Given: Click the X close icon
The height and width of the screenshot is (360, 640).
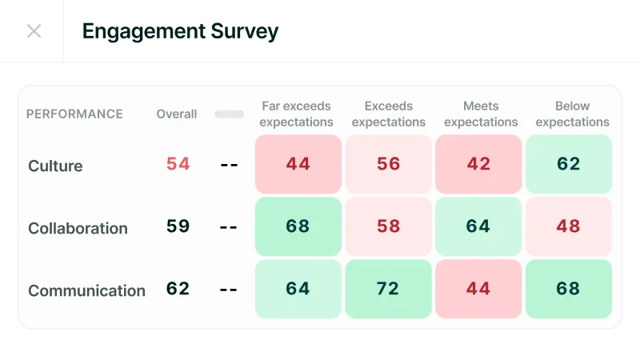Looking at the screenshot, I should (34, 31).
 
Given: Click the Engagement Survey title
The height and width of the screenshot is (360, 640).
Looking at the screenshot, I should (180, 31).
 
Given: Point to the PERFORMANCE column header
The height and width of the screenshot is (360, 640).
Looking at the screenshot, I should (74, 114).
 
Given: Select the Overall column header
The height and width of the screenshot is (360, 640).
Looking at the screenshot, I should (177, 114).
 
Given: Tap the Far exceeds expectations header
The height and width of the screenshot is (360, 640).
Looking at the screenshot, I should (297, 114).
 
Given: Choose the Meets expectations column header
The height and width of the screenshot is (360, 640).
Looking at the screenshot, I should (481, 114).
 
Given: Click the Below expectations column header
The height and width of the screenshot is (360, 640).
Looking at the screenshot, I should (572, 114).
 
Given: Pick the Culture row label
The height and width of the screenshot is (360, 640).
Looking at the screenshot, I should (55, 166).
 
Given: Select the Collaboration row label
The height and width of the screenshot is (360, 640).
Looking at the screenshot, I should (78, 228).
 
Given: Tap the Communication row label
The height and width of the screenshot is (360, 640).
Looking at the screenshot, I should (86, 290).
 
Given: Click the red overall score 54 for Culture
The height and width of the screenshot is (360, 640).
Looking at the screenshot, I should (178, 164).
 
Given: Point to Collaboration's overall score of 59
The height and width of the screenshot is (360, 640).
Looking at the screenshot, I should (178, 226).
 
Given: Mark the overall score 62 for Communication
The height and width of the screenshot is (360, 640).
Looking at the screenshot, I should (178, 288).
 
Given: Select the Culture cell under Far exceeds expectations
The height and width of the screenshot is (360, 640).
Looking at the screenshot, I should (298, 164).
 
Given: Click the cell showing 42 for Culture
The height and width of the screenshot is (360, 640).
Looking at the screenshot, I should (478, 164).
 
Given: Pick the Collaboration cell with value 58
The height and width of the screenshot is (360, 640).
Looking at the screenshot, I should (388, 226).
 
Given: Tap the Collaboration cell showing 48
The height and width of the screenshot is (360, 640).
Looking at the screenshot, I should (569, 226).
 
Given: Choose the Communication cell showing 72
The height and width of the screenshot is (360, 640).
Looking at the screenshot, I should (388, 289).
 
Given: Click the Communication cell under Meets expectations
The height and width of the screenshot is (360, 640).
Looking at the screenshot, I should (478, 289).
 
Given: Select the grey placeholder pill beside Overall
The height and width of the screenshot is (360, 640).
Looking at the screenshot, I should (229, 114).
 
